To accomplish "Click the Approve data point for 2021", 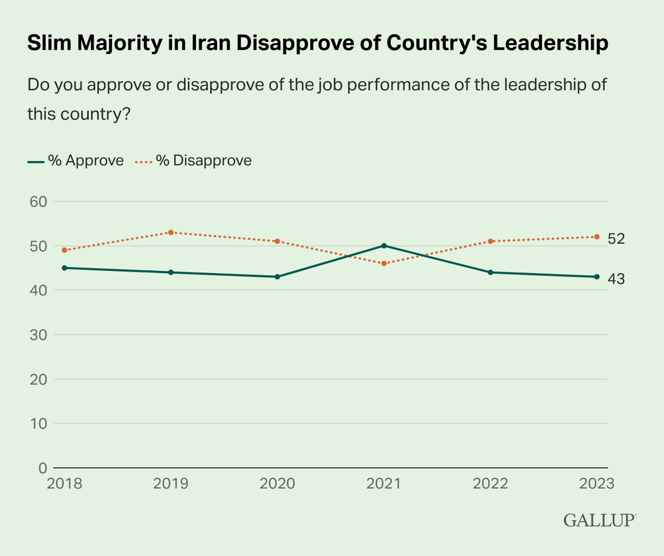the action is [384, 246].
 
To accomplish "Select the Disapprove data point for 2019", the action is [171, 232].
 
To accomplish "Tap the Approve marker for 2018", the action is [64, 268].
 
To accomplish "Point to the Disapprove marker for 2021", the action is [384, 264].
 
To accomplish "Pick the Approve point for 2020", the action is [278, 277].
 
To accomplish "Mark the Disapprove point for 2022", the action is [491, 241].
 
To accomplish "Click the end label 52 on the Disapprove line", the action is [616, 239].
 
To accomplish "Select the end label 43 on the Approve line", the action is [616, 279].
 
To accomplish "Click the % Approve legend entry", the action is [76, 161].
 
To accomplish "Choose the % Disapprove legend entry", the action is [193, 161].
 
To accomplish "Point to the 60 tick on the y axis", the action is [38, 202].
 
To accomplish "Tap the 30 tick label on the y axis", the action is [38, 335].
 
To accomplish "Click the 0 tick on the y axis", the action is [42, 468].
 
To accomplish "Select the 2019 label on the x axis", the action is [171, 484].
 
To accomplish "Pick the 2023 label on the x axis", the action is [596, 484].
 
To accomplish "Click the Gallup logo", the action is [600, 520].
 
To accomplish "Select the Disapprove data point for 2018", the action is [64, 250].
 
